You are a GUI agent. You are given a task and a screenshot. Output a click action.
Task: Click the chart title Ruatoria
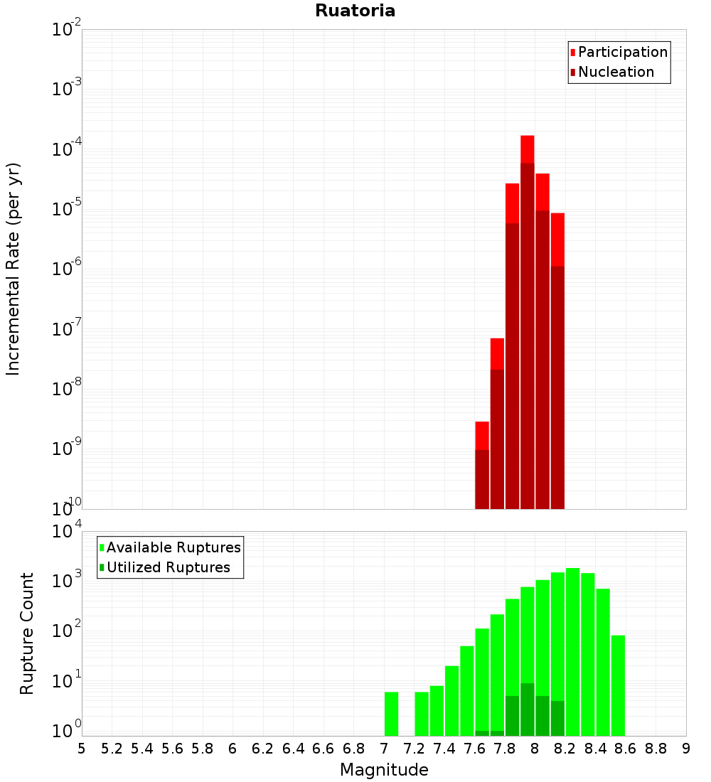click(355, 11)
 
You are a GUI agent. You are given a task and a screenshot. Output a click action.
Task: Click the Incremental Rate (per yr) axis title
click(14, 269)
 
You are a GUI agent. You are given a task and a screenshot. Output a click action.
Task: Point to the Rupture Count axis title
click(27, 633)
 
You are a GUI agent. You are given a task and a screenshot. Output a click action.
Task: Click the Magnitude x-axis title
click(384, 770)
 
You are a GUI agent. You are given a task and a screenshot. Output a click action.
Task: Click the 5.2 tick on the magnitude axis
click(112, 748)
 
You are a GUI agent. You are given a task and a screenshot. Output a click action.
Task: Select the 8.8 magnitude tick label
click(656, 748)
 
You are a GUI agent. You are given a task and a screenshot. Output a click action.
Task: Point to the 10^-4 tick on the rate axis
click(66, 149)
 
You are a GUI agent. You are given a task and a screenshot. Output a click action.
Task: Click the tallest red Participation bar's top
click(527, 139)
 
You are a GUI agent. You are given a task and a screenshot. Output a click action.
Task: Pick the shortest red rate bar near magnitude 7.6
click(482, 435)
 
